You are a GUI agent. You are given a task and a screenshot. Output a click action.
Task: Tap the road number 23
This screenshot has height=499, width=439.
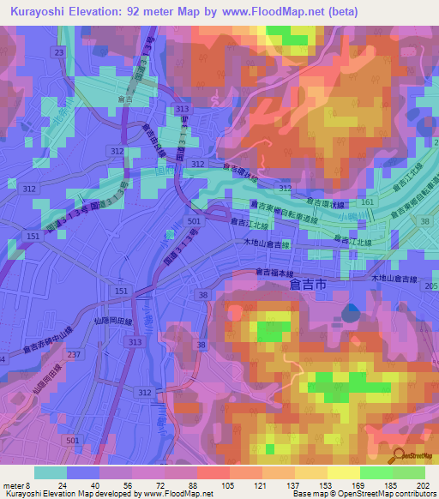(x=59, y=53)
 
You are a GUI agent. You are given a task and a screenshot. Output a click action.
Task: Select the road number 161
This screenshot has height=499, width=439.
(x=368, y=201)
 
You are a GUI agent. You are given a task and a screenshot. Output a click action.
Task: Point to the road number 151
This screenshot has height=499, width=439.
(x=33, y=237)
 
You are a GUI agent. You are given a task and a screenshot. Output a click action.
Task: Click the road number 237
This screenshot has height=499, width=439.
(x=75, y=355)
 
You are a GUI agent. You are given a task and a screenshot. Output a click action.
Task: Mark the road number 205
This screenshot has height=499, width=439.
(x=430, y=286)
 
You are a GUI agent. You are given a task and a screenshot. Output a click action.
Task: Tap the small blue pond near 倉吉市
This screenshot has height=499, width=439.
(x=350, y=311)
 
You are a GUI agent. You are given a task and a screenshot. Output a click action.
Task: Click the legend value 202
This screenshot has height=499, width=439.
(x=421, y=484)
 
